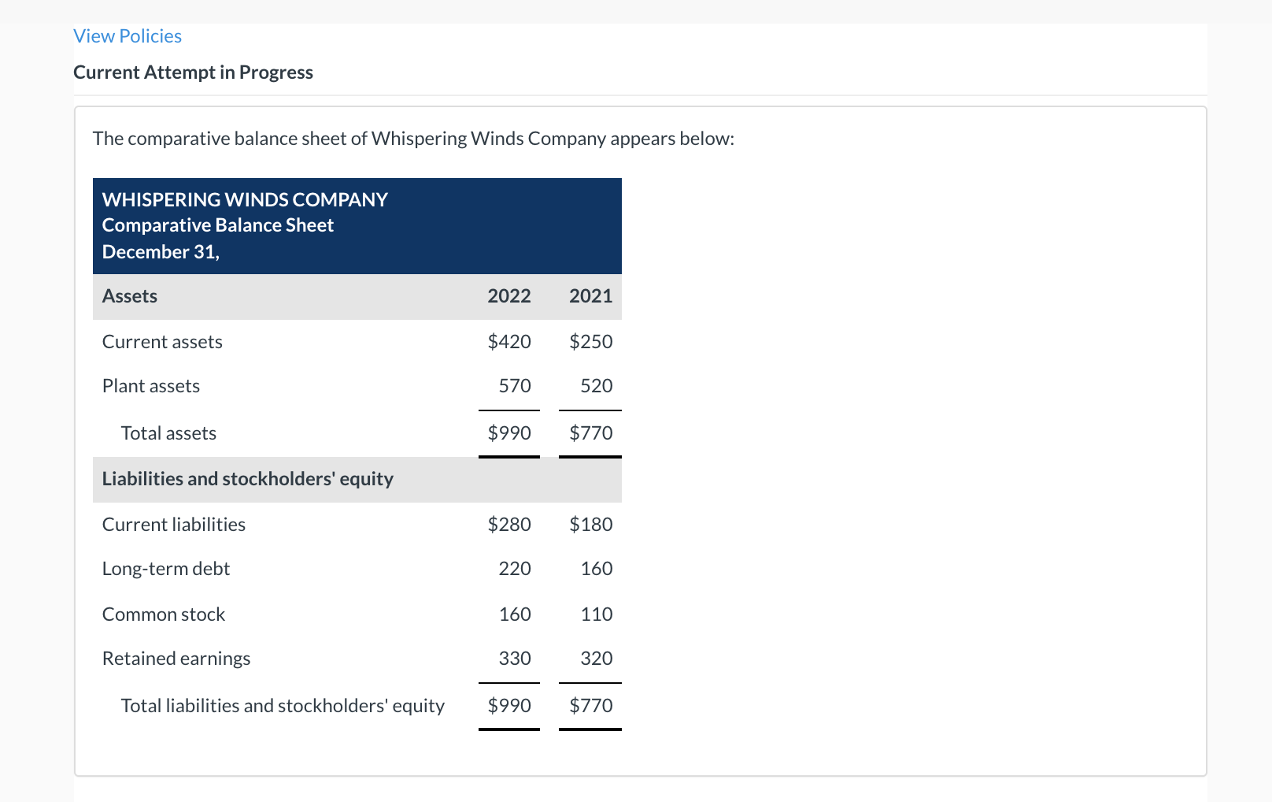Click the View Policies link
128,36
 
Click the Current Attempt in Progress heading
193,72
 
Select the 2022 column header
508,296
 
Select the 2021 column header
590,296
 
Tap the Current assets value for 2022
508,342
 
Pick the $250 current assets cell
590,342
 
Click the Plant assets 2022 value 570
515,386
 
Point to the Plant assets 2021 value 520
596,386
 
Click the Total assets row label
168,433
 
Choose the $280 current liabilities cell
508,525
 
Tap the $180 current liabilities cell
590,525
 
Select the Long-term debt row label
166,569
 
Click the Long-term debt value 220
515,569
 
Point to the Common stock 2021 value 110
596,614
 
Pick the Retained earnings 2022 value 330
515,659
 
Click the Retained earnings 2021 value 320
596,659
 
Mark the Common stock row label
164,614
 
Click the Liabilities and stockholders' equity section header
247,479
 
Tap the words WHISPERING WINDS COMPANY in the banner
245,200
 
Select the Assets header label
130,296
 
